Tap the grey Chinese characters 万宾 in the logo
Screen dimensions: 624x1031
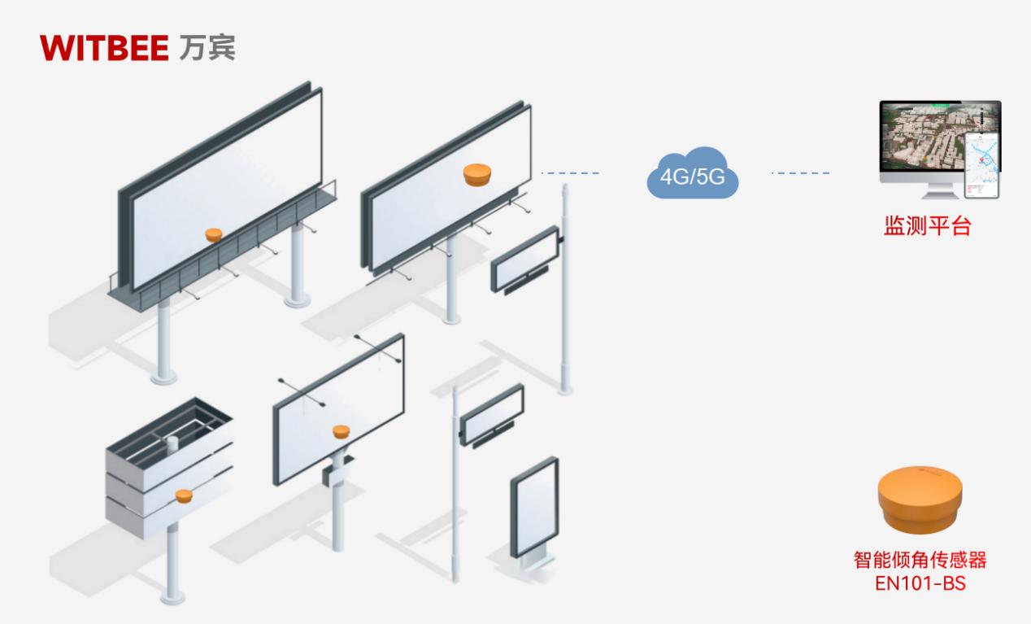207,47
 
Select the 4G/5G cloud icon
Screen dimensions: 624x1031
692,174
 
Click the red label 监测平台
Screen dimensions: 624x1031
927,226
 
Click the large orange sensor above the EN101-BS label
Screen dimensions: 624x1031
920,495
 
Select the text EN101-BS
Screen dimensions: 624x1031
920,583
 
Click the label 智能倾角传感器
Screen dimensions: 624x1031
920,561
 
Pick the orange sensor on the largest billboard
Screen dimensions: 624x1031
213,234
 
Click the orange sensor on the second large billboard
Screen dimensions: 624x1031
477,174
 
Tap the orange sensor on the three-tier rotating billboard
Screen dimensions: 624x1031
183,494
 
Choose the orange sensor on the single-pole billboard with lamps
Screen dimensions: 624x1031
341,430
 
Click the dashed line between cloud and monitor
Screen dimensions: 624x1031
800,173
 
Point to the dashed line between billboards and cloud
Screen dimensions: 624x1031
569,173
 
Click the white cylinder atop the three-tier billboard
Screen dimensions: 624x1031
172,443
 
